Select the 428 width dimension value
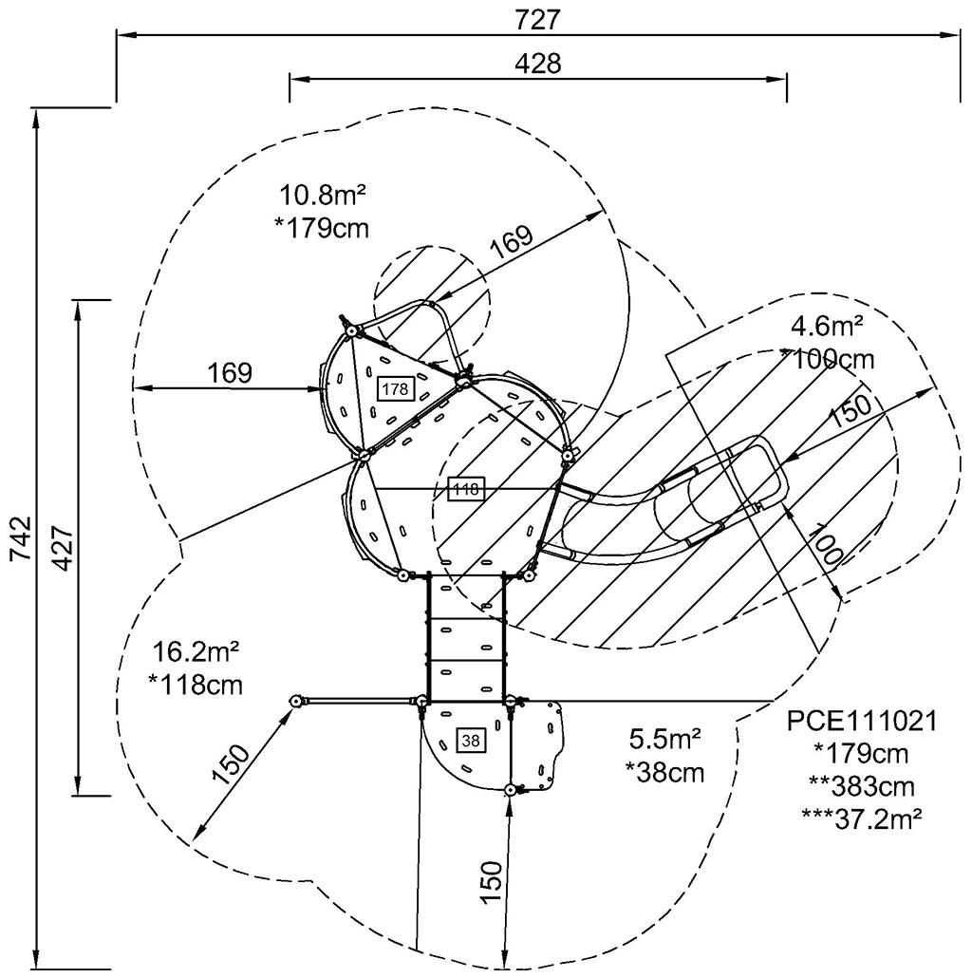pyautogui.click(x=538, y=64)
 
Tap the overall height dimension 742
pyautogui.click(x=22, y=539)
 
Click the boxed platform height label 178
pyautogui.click(x=395, y=389)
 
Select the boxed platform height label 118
pyautogui.click(x=466, y=489)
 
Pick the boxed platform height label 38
pyautogui.click(x=471, y=741)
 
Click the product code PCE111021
pyautogui.click(x=861, y=722)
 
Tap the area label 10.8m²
pyautogui.click(x=322, y=196)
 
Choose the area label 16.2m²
pyautogui.click(x=196, y=653)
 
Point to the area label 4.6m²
pyautogui.click(x=827, y=327)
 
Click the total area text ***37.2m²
pyautogui.click(x=861, y=818)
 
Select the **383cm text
pyautogui.click(x=861, y=786)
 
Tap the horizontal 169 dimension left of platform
pyautogui.click(x=230, y=373)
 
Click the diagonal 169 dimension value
pyautogui.click(x=512, y=242)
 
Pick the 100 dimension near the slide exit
pyautogui.click(x=827, y=547)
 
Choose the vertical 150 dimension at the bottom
pyautogui.click(x=491, y=881)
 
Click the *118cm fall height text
pyautogui.click(x=196, y=685)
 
